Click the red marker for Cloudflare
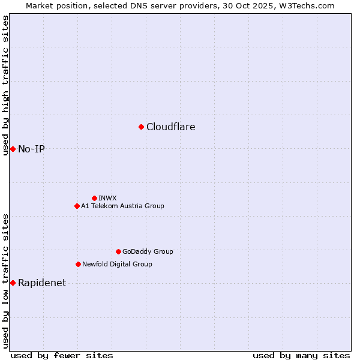tap(141, 127)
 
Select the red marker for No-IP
tap(13, 149)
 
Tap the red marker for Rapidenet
tap(13, 283)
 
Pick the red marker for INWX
tap(94, 198)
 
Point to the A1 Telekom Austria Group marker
tap(77, 206)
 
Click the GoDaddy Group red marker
tap(118, 251)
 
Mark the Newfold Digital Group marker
tap(78, 264)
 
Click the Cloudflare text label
tap(171, 127)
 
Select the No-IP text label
tap(31, 149)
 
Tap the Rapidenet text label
tap(42, 283)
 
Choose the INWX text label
tap(107, 198)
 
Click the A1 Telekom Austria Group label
tap(122, 206)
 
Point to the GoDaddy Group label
tap(148, 251)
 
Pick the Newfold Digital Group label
tap(117, 264)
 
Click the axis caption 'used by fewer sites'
tap(62, 355)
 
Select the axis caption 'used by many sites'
tap(301, 355)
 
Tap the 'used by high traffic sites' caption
tap(5, 85)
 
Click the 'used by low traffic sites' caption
tap(5, 281)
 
